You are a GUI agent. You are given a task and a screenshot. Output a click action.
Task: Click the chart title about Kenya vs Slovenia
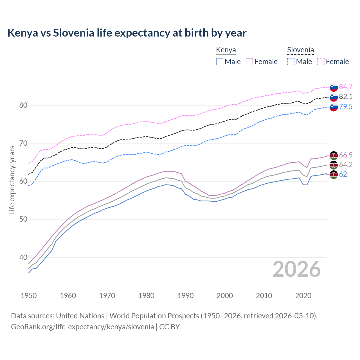(x=127, y=33)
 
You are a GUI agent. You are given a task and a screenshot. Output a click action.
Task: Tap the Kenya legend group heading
(x=226, y=50)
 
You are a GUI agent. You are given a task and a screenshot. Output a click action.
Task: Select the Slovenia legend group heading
(x=300, y=50)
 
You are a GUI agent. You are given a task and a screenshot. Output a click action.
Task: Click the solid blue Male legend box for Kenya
(x=220, y=62)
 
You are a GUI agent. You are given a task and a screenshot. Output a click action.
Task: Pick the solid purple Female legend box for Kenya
(x=249, y=62)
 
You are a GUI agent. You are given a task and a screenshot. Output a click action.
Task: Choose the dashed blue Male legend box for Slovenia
(x=291, y=62)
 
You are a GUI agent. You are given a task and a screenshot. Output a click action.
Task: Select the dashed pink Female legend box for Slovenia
(x=321, y=62)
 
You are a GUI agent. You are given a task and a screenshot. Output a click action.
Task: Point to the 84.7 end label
(x=346, y=87)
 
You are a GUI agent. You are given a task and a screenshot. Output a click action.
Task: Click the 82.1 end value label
(x=346, y=97)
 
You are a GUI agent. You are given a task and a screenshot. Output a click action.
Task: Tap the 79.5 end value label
(x=346, y=107)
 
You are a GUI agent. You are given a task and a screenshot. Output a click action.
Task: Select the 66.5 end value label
(x=346, y=155)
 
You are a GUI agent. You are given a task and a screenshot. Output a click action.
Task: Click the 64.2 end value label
(x=346, y=165)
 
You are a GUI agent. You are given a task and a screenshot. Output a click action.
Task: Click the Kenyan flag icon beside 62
(x=334, y=174)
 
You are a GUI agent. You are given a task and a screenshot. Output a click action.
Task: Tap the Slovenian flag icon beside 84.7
(x=334, y=87)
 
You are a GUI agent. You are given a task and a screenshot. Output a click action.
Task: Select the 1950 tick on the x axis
(x=29, y=296)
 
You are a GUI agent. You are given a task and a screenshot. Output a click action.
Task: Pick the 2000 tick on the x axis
(x=225, y=296)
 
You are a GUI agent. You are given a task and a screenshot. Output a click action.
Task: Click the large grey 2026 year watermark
(x=296, y=269)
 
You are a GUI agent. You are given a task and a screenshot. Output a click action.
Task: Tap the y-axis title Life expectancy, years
(x=12, y=180)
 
